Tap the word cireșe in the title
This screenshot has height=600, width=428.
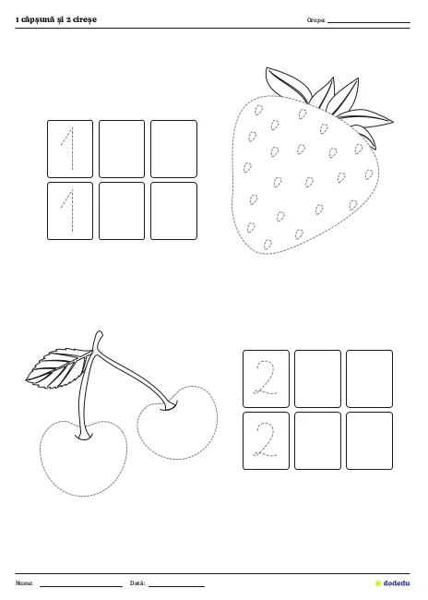(84, 20)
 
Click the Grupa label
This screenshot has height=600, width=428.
(316, 20)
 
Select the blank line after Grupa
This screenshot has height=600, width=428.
(369, 22)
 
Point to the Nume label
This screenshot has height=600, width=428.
(24, 583)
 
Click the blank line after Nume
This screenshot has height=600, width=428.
(81, 586)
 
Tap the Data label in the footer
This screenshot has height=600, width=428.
(137, 583)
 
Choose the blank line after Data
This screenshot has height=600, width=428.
(177, 586)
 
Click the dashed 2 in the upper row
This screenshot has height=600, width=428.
(267, 378)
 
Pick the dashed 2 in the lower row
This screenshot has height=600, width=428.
(267, 440)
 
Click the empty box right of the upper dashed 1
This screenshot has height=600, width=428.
(122, 149)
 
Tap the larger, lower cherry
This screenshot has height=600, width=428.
(83, 458)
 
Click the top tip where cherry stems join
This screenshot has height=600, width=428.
(99, 331)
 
